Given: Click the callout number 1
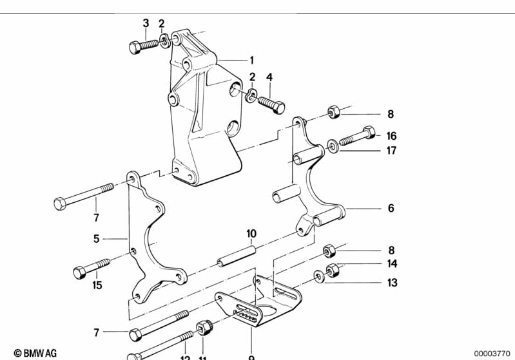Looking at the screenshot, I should pos(251,61).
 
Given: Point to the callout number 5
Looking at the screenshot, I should pos(96,238).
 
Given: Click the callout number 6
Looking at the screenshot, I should pos(391,209).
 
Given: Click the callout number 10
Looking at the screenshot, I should pos(251,233).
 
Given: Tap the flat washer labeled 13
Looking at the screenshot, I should pos(320,277).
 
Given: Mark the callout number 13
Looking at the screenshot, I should pos(392,283).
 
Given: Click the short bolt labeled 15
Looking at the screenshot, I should pos(92,269).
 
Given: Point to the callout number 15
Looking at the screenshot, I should pos(97,285).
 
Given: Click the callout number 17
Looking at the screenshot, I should pos(391,151).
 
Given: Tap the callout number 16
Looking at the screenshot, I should pos(391,136).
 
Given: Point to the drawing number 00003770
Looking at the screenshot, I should pos(491,353).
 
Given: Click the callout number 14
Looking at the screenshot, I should pos(392,263).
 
